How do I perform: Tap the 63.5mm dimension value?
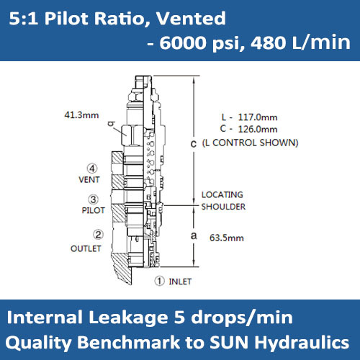225,236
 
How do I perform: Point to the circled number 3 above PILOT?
93,200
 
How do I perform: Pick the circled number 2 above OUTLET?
98,233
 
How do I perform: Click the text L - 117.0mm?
249,117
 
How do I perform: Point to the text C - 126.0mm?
249,129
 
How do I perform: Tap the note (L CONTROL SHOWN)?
250,143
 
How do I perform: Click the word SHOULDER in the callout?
223,207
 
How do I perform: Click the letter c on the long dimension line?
194,145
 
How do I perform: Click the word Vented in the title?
193,18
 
